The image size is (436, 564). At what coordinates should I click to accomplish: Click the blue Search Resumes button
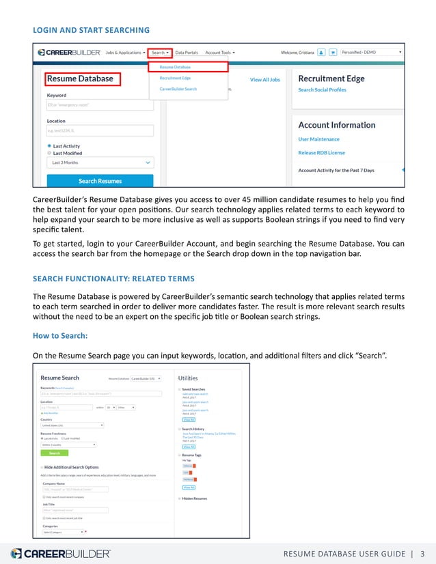pos(100,181)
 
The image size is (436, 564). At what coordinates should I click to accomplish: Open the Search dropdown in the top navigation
pos(161,52)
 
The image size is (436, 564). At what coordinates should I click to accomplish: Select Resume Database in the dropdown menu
pos(175,67)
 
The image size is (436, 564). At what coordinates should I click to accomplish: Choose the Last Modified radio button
pos(49,153)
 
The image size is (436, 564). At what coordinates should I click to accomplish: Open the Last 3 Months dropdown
pos(100,163)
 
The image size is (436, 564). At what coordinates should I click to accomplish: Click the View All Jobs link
pos(264,80)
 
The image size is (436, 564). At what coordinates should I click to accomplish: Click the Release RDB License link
pos(321,152)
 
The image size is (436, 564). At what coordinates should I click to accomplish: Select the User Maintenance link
pos(318,139)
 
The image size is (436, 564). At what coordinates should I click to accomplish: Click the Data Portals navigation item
pos(187,52)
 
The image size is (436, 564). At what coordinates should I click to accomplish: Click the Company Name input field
pos(74,489)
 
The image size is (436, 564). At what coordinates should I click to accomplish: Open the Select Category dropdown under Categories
pos(64,531)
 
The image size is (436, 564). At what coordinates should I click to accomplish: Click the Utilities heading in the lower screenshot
pos(188,378)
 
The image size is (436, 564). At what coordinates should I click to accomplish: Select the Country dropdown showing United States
pos(72,425)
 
